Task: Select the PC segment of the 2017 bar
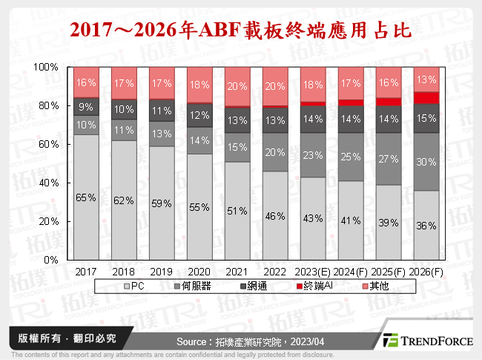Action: point(86,197)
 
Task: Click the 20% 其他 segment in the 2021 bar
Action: point(237,85)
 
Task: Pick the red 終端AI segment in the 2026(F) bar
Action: point(426,97)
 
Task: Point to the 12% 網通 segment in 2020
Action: point(199,115)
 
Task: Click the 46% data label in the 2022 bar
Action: point(275,217)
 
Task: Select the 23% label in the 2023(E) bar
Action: point(313,156)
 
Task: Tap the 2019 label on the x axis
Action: point(162,272)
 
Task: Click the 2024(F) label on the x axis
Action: point(351,272)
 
